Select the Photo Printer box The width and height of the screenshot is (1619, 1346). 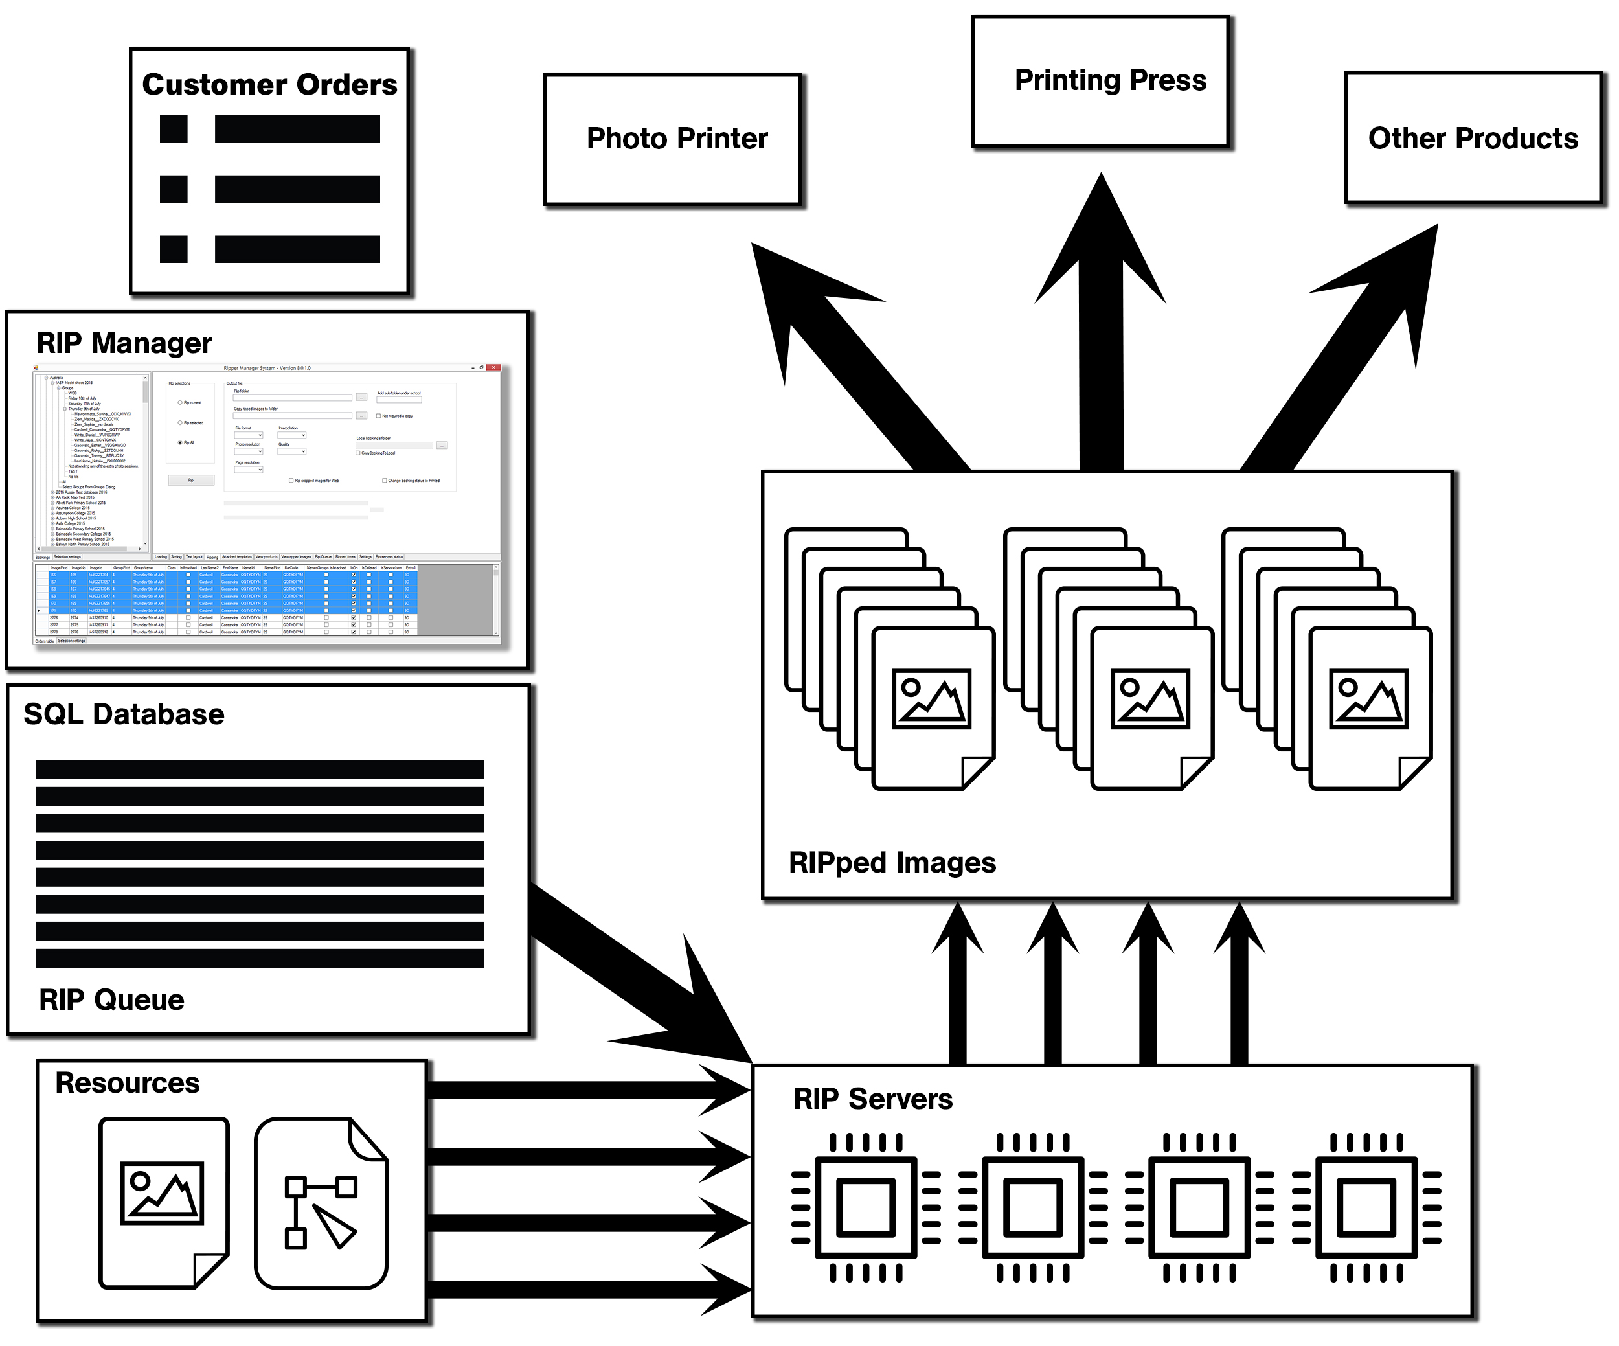pos(672,139)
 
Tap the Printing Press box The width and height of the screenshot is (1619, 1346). pos(1100,81)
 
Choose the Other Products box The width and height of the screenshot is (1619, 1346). pos(1473,139)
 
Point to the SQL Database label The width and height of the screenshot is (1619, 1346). pos(123,714)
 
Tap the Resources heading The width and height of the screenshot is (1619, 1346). pos(127,1083)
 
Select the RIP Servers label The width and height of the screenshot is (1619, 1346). pos(873,1099)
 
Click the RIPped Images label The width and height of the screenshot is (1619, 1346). pos(892,863)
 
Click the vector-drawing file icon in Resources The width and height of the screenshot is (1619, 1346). pos(321,1203)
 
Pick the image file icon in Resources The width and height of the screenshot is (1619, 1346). pos(163,1203)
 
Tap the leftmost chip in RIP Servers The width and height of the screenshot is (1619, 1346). pos(866,1207)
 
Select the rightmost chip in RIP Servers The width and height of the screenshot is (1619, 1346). pos(1366,1207)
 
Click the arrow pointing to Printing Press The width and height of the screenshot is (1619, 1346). pos(1101,324)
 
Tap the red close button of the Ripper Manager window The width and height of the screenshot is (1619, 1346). pos(493,368)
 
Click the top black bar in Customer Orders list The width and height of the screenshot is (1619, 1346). pos(297,130)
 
